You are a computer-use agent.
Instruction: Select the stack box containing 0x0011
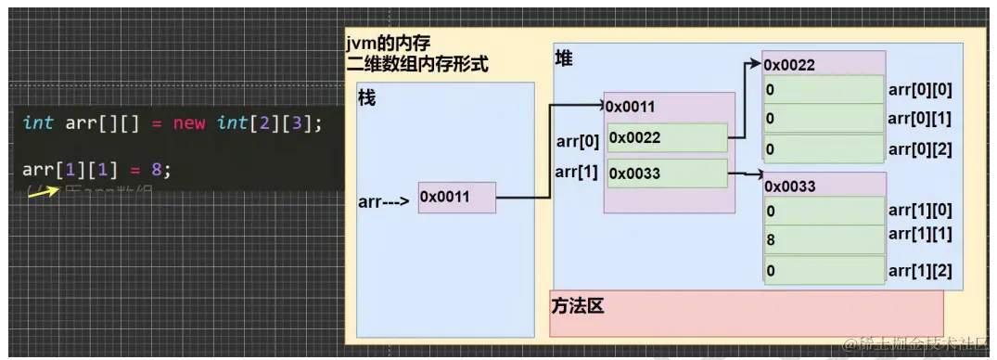[456, 197]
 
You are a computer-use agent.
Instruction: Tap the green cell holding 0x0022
[667, 137]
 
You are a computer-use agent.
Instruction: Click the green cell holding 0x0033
[667, 174]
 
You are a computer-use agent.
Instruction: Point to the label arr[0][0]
[920, 90]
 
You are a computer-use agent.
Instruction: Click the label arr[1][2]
[920, 270]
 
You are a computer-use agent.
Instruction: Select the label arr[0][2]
[920, 148]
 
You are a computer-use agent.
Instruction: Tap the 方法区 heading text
[577, 305]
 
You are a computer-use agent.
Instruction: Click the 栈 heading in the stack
[366, 96]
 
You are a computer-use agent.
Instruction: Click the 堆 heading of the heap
[564, 58]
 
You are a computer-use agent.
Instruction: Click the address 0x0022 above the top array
[789, 65]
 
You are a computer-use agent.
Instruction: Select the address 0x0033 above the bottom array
[789, 186]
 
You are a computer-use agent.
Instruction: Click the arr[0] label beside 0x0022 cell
[576, 140]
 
